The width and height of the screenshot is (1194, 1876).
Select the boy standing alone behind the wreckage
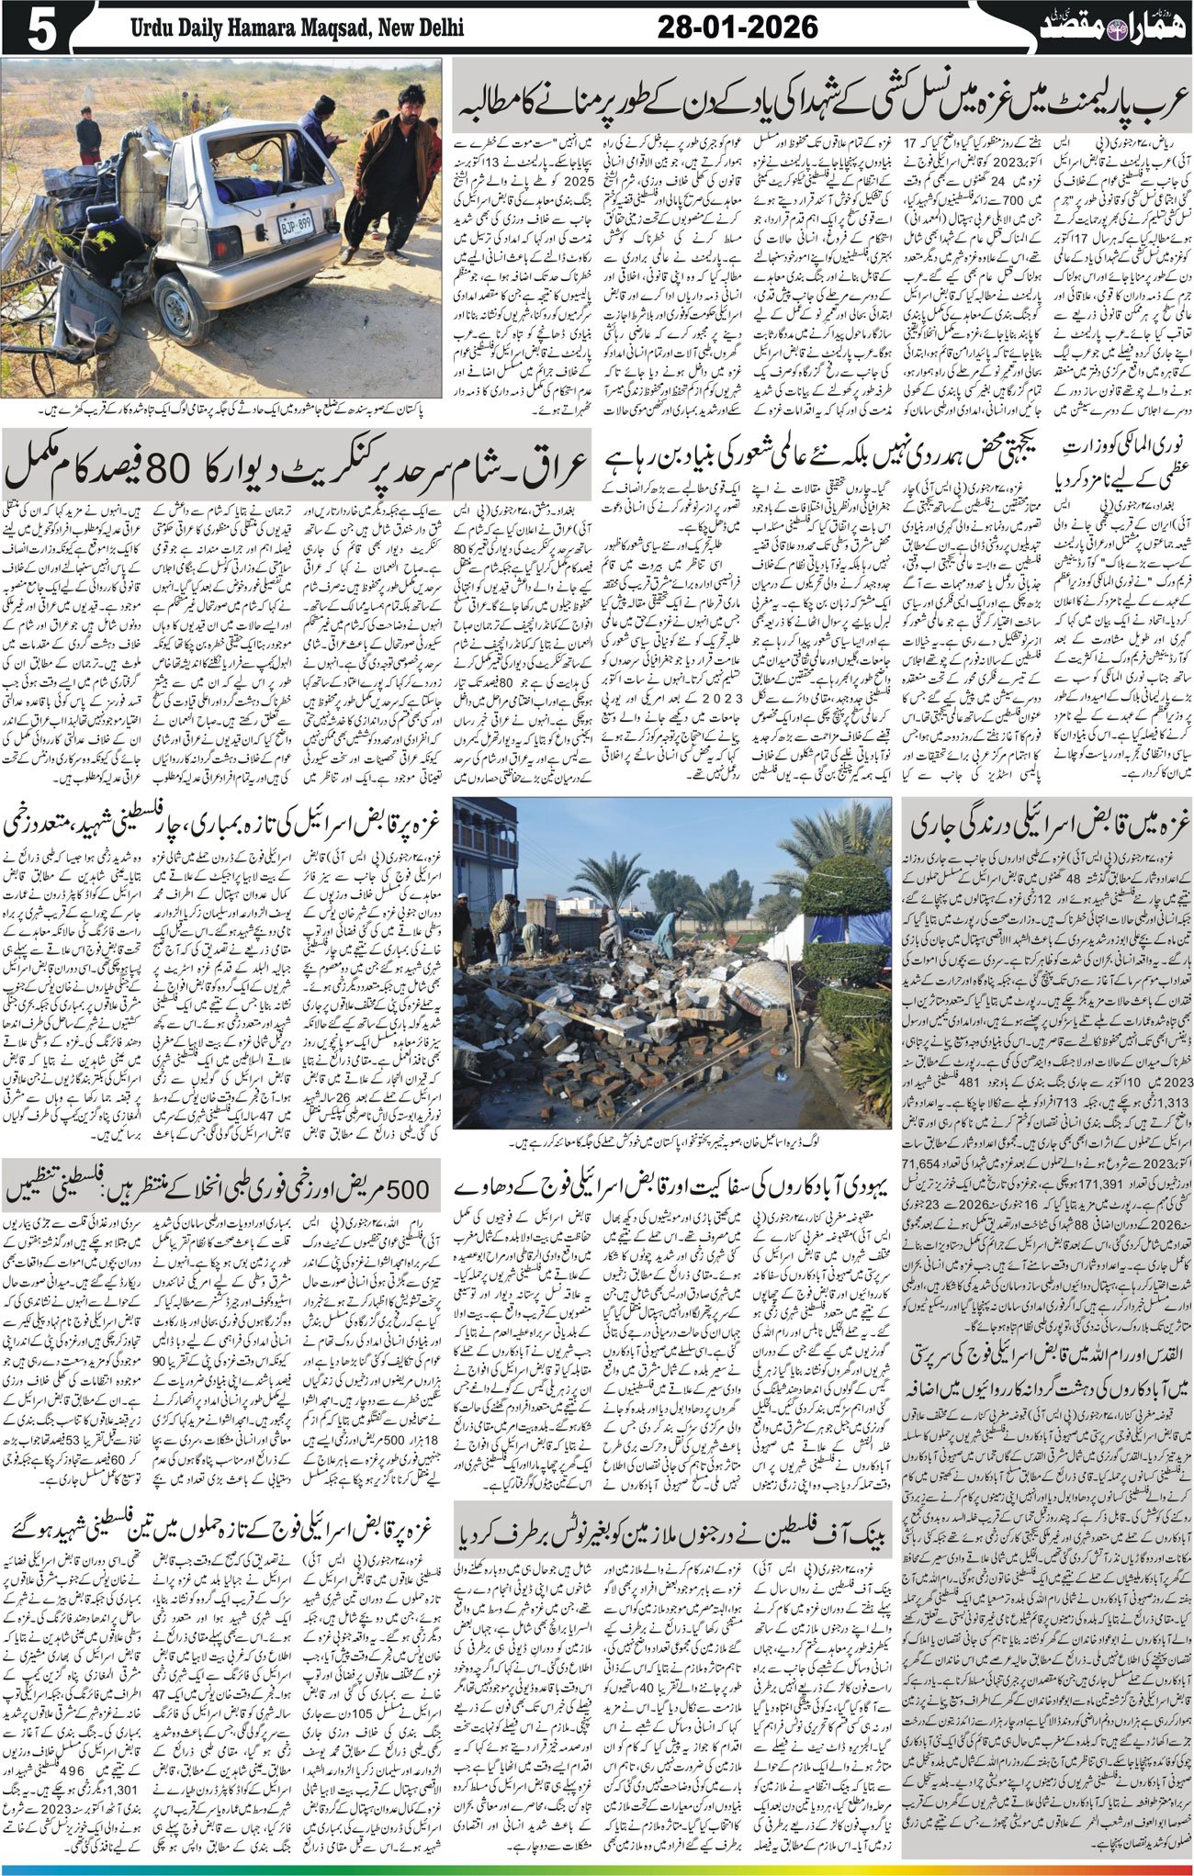(88, 135)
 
